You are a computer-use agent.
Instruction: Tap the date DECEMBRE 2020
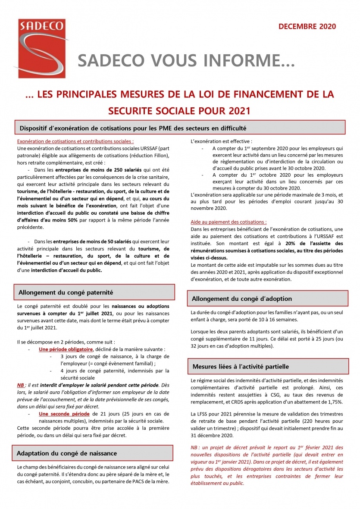307,27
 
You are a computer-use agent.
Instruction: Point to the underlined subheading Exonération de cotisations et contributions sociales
75,141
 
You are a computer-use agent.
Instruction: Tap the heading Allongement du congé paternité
66,292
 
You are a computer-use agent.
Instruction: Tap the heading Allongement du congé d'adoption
241,299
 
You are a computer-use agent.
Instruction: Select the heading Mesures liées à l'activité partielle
241,366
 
